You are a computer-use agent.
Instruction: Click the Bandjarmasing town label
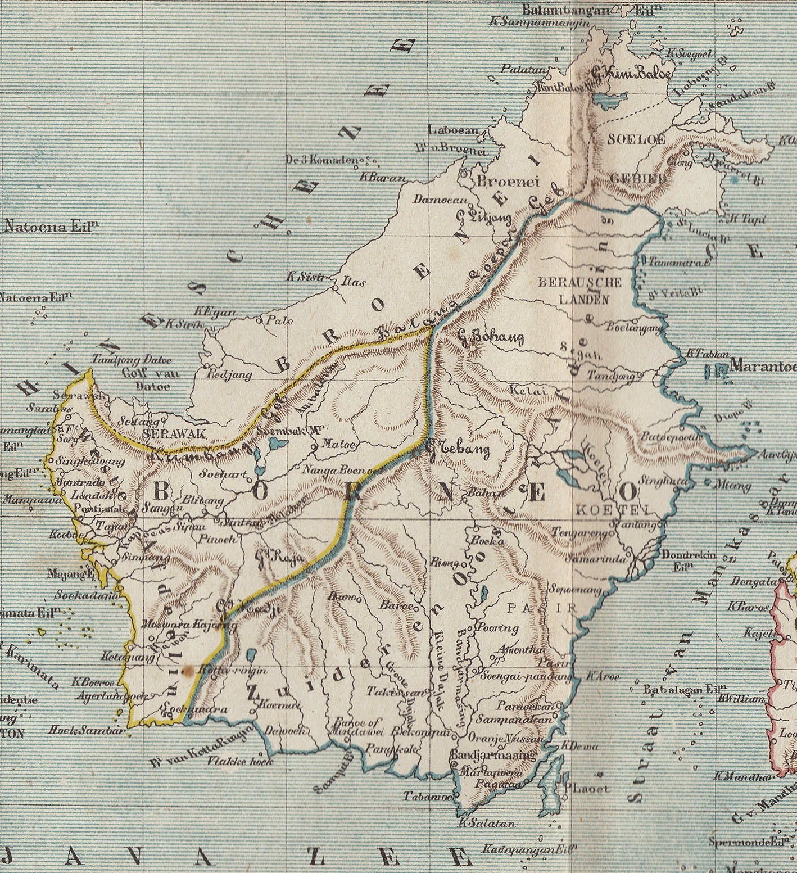tap(493, 756)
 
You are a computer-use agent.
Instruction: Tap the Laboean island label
tap(453, 130)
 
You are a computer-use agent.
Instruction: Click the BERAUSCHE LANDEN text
tap(579, 290)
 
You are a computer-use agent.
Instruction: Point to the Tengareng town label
tap(580, 532)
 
